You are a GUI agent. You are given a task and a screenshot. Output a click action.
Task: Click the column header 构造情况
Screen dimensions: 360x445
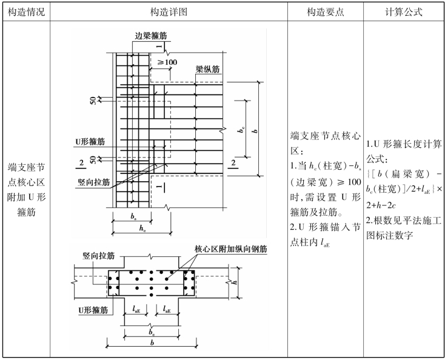(24, 12)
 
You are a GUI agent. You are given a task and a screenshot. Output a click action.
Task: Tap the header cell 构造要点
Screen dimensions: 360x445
(326, 12)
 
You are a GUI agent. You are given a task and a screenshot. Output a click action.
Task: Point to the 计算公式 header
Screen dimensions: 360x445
(404, 12)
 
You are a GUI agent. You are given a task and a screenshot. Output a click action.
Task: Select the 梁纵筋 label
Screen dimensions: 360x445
(206, 68)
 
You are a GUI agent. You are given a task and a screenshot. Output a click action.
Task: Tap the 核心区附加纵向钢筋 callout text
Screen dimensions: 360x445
(230, 248)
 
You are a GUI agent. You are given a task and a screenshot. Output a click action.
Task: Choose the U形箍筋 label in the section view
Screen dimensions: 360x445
(93, 310)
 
